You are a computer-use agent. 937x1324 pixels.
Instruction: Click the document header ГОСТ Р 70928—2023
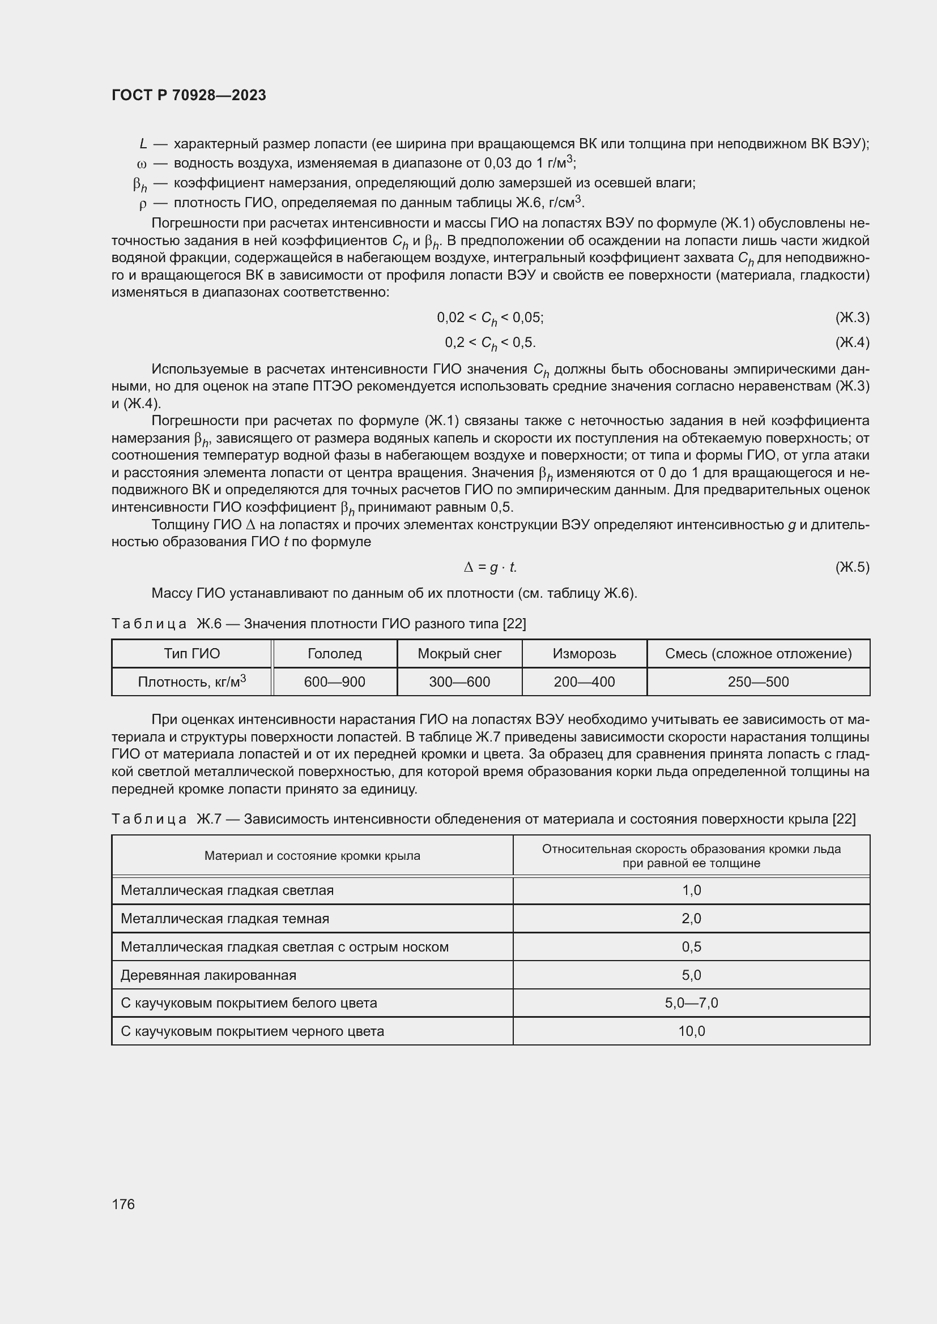(189, 95)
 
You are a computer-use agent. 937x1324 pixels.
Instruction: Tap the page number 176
(123, 1204)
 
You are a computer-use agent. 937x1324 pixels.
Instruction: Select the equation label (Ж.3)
(851, 317)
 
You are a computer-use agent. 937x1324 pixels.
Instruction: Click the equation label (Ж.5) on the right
(851, 567)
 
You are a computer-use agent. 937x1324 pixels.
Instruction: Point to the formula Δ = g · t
(490, 567)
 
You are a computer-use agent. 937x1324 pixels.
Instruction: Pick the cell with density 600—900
(335, 682)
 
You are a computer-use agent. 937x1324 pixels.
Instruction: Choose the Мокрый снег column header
(459, 653)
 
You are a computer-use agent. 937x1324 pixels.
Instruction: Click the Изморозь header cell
(584, 653)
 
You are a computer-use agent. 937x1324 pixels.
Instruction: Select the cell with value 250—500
(758, 682)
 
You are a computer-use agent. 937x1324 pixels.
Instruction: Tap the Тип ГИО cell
(191, 653)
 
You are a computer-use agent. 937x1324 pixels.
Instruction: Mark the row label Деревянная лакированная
(208, 975)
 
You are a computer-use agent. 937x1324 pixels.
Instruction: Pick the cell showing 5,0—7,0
(691, 1003)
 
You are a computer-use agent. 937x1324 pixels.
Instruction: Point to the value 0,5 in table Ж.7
(691, 947)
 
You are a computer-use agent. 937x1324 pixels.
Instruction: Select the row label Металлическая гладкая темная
(224, 919)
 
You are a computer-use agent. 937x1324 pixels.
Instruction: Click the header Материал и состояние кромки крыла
(312, 856)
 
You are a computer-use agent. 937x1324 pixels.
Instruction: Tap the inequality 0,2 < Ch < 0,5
(490, 343)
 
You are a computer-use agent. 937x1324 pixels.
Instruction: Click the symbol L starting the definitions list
(143, 144)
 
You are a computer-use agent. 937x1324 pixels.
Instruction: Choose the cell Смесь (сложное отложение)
(758, 653)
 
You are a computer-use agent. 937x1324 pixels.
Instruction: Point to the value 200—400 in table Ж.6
(584, 682)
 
